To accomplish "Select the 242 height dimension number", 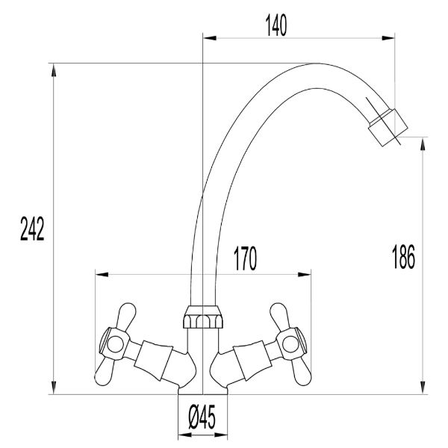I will coord(31,230).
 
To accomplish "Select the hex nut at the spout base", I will coord(202,320).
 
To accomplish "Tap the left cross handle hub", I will coord(114,344).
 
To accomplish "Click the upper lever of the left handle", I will coord(125,318).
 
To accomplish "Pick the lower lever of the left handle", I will coord(105,370).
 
